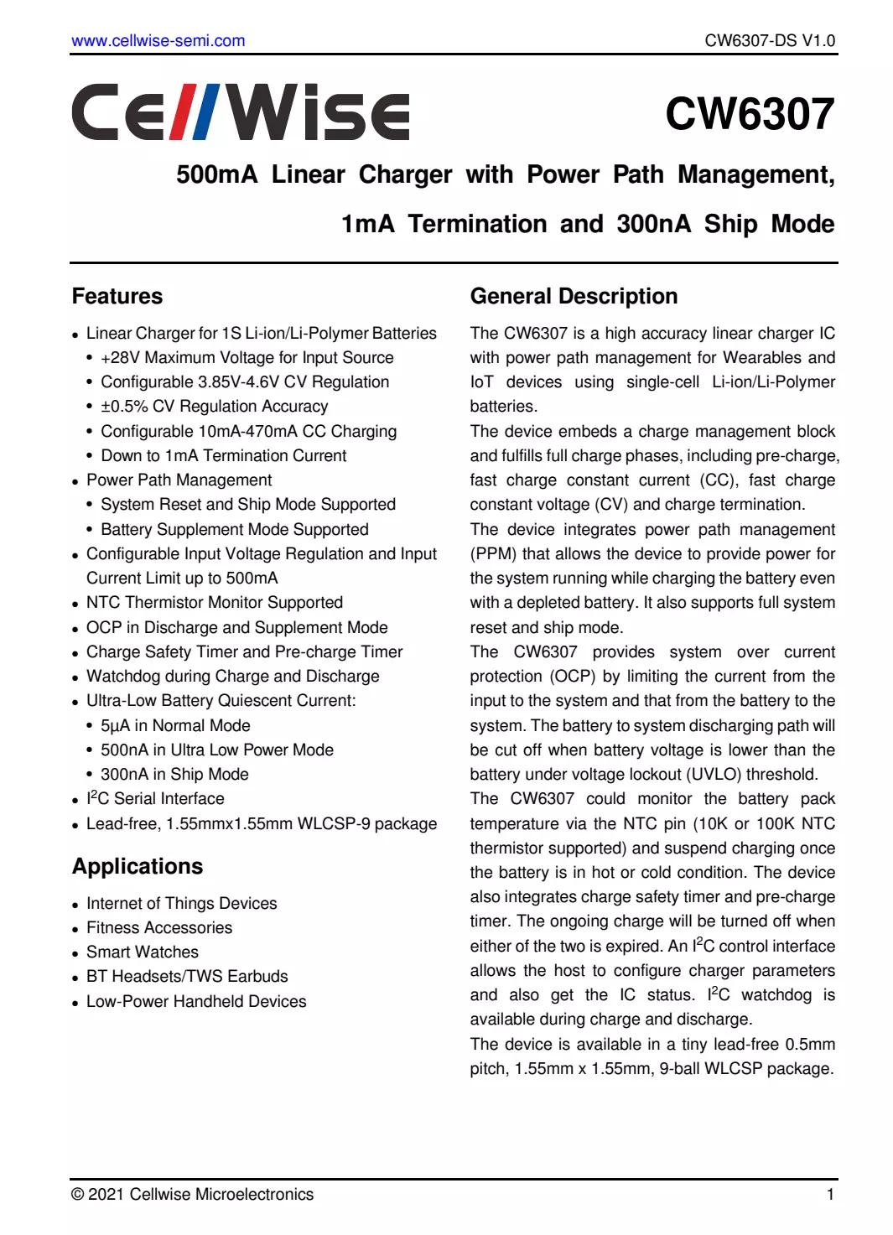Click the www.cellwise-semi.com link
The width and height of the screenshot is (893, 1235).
tap(158, 40)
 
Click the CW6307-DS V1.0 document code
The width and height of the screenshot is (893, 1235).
tap(770, 40)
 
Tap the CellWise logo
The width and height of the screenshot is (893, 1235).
tap(241, 112)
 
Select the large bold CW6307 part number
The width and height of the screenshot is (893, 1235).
tap(750, 114)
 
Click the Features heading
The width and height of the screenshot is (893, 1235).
tap(117, 297)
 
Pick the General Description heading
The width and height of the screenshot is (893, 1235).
tap(574, 297)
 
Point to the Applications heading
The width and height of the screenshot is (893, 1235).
tap(138, 867)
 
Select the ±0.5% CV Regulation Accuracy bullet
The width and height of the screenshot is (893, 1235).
tap(214, 407)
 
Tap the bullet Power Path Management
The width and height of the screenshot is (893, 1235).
tap(179, 480)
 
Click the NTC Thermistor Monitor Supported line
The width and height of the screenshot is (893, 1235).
tap(214, 603)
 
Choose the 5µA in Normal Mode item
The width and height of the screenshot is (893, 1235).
tap(175, 726)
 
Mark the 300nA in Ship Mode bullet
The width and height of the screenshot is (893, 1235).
tap(174, 775)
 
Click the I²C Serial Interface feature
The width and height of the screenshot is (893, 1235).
tap(155, 799)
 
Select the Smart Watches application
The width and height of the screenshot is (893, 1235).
tap(143, 952)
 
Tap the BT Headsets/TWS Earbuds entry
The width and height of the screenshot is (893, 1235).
tap(187, 977)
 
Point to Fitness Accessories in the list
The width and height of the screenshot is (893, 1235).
tap(159, 928)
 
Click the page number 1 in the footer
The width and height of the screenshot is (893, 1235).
tap(830, 1195)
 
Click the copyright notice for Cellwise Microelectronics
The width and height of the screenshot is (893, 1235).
tap(193, 1195)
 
